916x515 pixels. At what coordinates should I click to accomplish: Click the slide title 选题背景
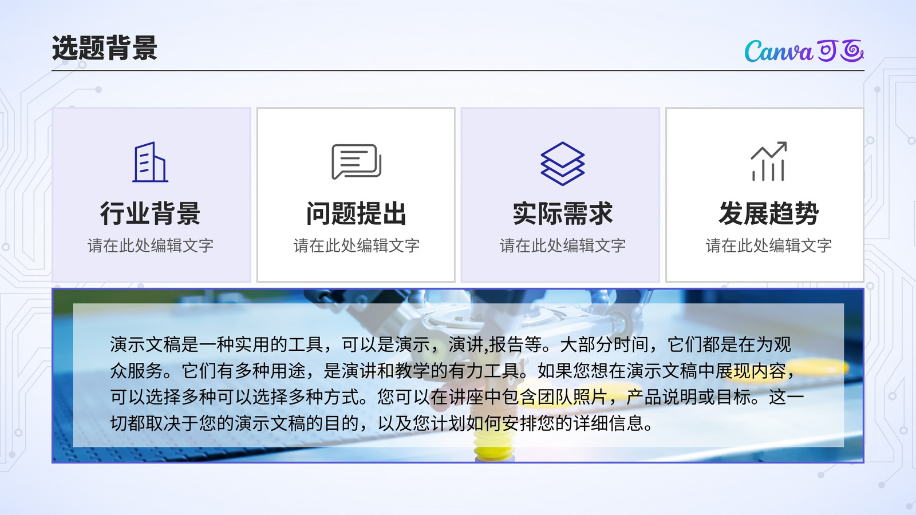(x=105, y=48)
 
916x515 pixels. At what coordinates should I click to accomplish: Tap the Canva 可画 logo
(x=804, y=51)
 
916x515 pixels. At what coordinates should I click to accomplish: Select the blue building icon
(x=150, y=162)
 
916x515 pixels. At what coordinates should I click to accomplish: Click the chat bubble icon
(x=356, y=161)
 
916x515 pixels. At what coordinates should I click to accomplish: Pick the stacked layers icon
(x=562, y=164)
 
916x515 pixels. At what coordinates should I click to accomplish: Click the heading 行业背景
(x=150, y=213)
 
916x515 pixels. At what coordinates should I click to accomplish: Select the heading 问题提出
(x=356, y=213)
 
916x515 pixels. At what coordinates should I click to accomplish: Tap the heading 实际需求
(x=562, y=213)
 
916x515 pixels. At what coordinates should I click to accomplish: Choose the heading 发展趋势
(x=769, y=213)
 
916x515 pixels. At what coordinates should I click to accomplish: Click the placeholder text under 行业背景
(x=150, y=245)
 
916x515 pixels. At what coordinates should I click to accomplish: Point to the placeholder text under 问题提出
(x=356, y=245)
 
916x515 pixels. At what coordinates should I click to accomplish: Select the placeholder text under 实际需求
(x=562, y=245)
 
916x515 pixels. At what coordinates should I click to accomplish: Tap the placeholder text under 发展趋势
(x=769, y=245)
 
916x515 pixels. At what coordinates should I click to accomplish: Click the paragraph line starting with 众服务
(x=452, y=371)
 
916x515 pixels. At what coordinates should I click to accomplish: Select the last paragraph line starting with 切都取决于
(x=381, y=423)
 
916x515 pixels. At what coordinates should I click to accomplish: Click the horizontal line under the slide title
(x=458, y=71)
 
